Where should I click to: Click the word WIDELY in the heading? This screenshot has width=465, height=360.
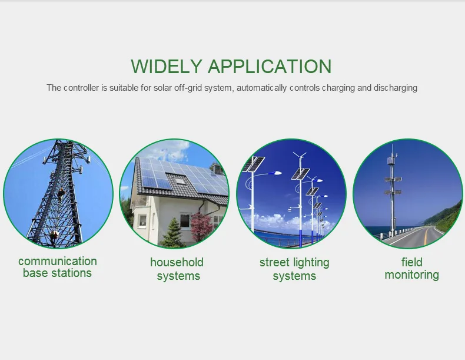(167, 66)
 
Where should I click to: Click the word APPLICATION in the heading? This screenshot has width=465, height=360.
(270, 66)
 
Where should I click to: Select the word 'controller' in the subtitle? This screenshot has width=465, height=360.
(81, 88)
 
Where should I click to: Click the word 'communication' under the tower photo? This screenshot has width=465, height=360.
(58, 261)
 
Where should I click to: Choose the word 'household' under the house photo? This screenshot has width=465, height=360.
(177, 262)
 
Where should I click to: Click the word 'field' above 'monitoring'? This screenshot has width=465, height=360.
(411, 262)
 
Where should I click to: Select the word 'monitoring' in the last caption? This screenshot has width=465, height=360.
(411, 275)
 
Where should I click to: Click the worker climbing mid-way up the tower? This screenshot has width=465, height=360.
(61, 194)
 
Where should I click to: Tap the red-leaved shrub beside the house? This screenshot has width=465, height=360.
(201, 227)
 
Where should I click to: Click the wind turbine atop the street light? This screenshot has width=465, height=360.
(300, 156)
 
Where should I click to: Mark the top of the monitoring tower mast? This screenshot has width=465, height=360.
(392, 145)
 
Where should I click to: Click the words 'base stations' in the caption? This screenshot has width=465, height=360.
(57, 273)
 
